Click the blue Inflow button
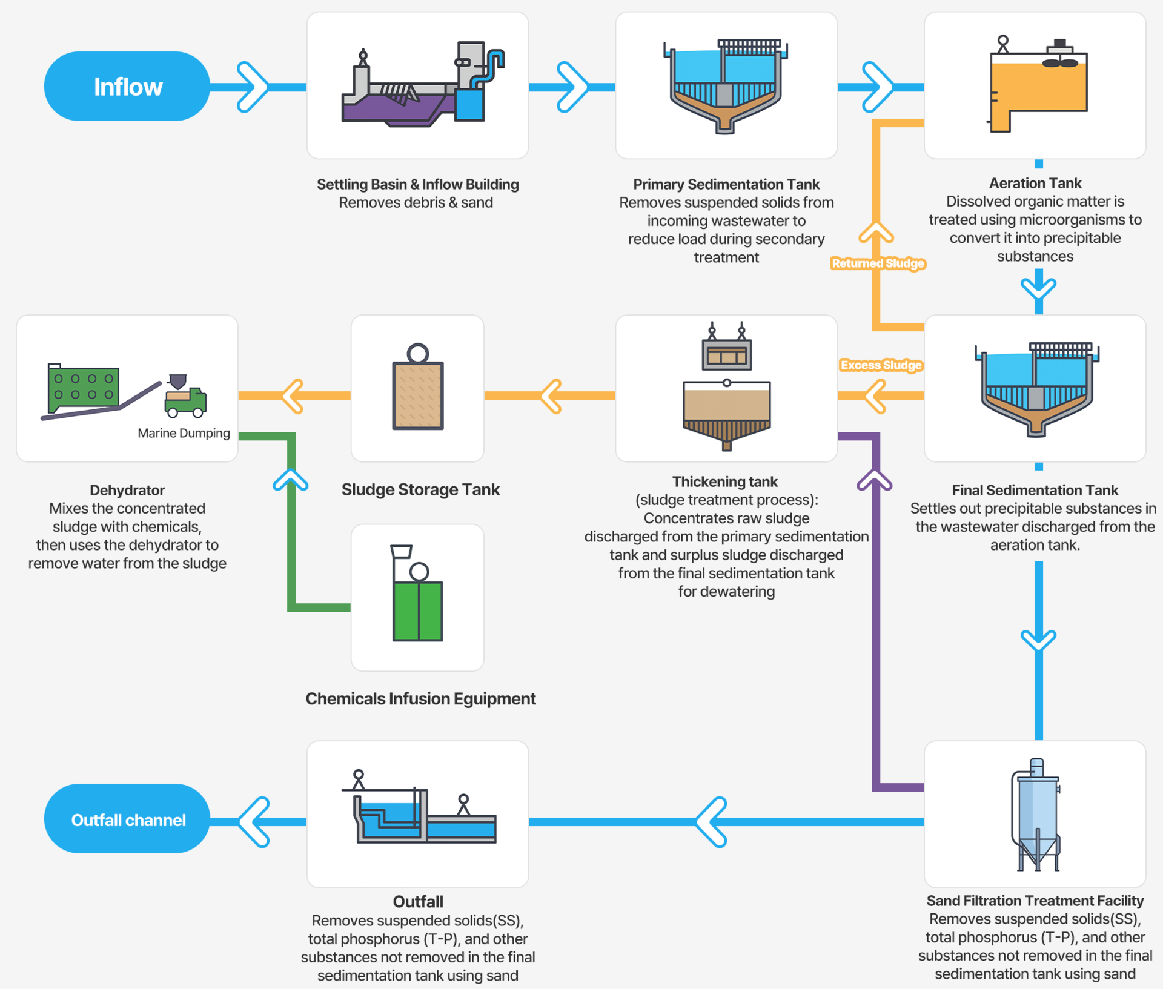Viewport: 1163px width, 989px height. pyautogui.click(x=127, y=87)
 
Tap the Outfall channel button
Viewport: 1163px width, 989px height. pyautogui.click(x=127, y=819)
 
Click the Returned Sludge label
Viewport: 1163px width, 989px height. pyautogui.click(x=878, y=263)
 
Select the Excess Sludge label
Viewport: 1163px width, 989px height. pyautogui.click(x=881, y=365)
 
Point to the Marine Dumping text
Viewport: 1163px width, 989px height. pyautogui.click(x=184, y=433)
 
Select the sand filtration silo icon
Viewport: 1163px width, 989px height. pyautogui.click(x=1036, y=815)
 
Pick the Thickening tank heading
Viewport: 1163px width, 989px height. pyautogui.click(x=725, y=481)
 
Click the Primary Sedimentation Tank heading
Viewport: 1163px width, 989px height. pyautogui.click(x=726, y=184)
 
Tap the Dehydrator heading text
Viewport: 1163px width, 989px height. pyautogui.click(x=127, y=490)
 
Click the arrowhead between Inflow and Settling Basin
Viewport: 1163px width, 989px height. pyautogui.click(x=253, y=87)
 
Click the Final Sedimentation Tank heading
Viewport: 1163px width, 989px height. pyautogui.click(x=1035, y=490)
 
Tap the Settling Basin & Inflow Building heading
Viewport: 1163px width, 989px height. pyautogui.click(x=418, y=184)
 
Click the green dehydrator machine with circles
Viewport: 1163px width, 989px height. pyautogui.click(x=84, y=388)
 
